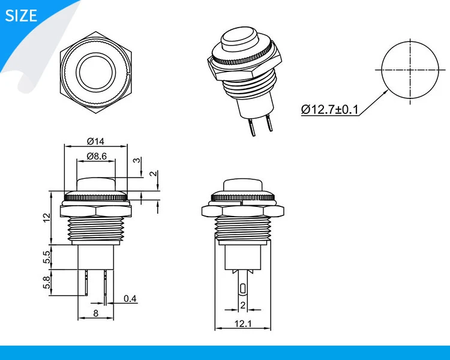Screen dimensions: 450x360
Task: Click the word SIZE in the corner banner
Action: tap(21, 16)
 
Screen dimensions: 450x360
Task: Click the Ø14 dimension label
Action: tap(95, 141)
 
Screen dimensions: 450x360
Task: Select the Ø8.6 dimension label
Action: tap(97, 156)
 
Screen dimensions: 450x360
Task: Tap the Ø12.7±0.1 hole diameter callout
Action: tap(330, 109)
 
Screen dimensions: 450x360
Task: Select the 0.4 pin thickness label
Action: tap(130, 299)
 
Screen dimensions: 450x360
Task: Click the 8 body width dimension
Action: tap(96, 313)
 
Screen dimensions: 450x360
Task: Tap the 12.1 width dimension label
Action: tap(243, 323)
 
